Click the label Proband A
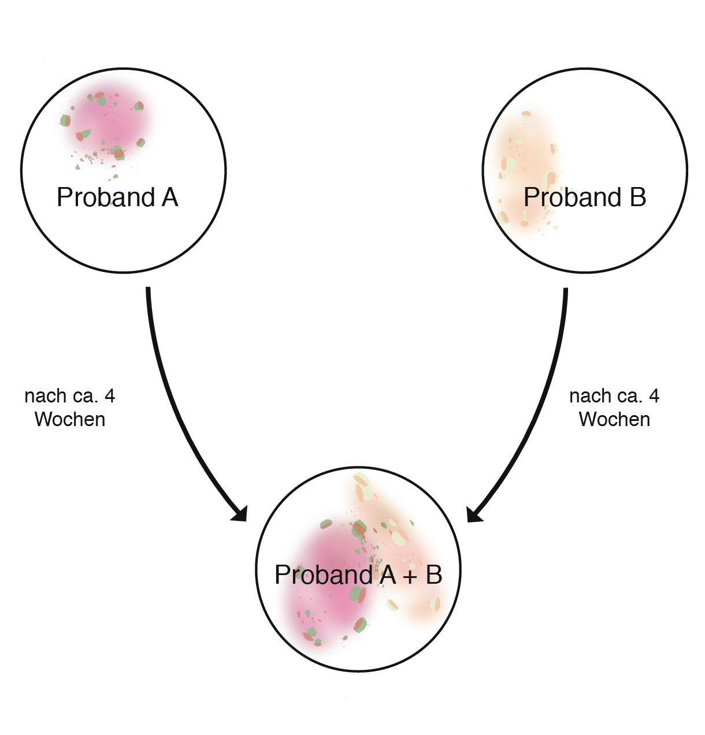click(x=117, y=197)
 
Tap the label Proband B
click(x=585, y=197)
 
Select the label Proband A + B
click(x=358, y=575)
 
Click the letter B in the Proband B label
click(x=638, y=197)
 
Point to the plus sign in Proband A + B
click(x=410, y=577)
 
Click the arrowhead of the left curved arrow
click(x=240, y=514)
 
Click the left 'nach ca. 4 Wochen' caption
click(x=70, y=408)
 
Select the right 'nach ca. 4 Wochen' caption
click(x=614, y=408)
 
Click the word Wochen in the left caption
click(x=70, y=420)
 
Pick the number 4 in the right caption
click(x=654, y=396)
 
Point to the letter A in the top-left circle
click(x=170, y=197)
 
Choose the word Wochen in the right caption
click(x=615, y=420)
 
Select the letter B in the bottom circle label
click(x=435, y=574)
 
